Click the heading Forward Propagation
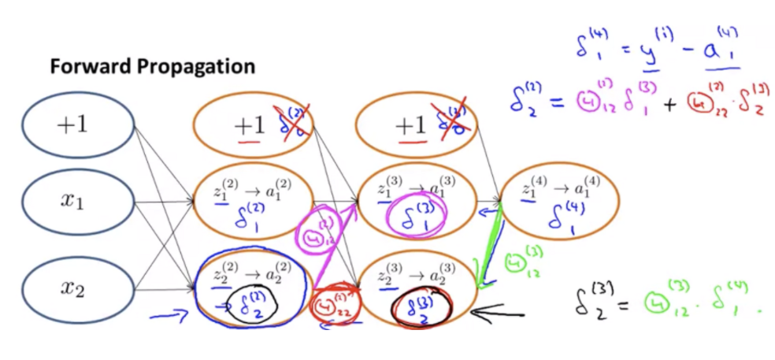point(152,66)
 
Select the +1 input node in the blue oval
point(76,124)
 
